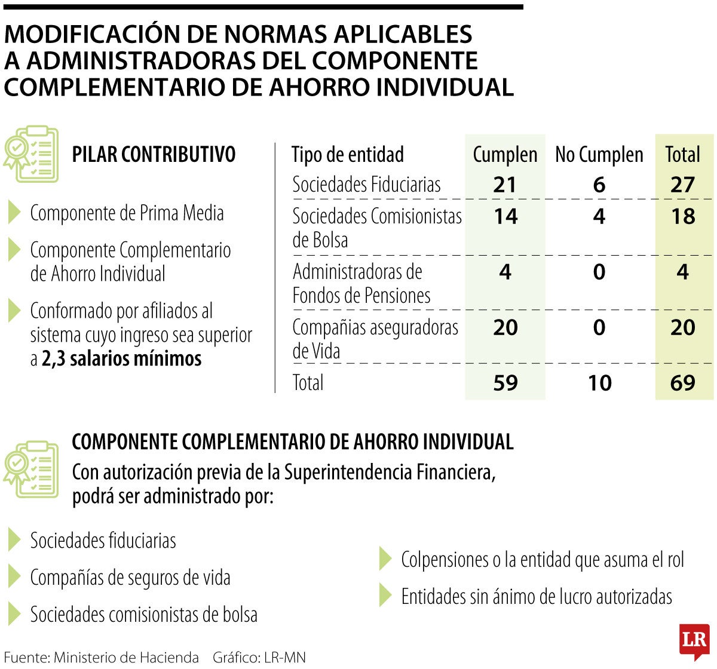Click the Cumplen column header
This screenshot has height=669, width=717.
click(505, 155)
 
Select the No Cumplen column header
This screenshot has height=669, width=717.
click(599, 155)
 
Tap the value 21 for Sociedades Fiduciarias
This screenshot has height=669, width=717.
click(505, 185)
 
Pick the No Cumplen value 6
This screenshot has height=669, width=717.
click(599, 185)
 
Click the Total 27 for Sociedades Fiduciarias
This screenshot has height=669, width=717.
click(682, 185)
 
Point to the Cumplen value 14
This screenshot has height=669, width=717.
click(505, 216)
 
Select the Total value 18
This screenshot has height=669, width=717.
click(682, 216)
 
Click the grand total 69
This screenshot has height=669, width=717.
click(682, 382)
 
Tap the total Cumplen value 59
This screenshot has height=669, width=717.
click(505, 382)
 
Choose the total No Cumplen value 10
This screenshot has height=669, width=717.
click(599, 382)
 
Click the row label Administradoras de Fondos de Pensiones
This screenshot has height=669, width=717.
click(361, 284)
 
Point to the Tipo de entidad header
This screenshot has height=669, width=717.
click(348, 155)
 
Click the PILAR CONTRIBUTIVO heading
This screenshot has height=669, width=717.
click(154, 155)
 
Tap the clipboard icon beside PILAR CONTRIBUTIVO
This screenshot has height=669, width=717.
click(32, 154)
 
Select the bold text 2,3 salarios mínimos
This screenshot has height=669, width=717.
click(121, 358)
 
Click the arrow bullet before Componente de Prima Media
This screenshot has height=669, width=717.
click(14, 213)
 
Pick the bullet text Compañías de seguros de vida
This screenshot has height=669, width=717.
click(130, 578)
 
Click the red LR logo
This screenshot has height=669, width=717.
click(694, 642)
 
